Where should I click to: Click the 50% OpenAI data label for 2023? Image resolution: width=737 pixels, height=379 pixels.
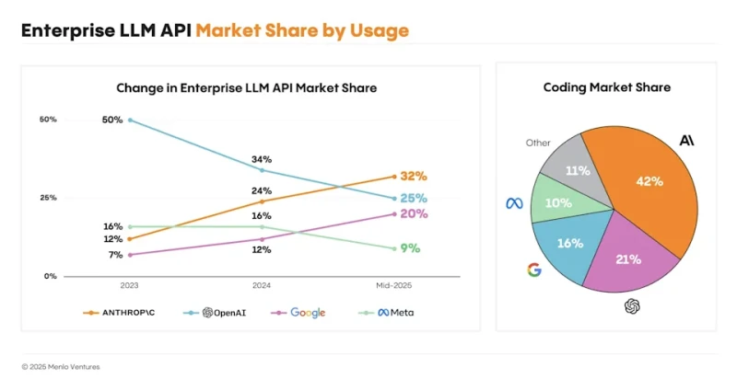(x=112, y=120)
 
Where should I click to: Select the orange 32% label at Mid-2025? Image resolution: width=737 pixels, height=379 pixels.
(x=414, y=176)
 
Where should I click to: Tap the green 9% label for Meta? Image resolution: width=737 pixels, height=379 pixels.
(x=410, y=247)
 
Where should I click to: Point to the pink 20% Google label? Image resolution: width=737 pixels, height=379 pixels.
(x=414, y=213)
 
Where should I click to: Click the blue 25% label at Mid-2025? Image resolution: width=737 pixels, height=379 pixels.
(x=414, y=198)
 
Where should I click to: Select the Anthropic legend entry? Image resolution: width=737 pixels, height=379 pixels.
(x=120, y=313)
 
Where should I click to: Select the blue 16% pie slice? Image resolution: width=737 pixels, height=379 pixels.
(x=570, y=243)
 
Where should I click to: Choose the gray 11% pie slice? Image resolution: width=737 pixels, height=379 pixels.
(x=578, y=170)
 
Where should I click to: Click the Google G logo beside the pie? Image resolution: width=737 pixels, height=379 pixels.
(x=533, y=270)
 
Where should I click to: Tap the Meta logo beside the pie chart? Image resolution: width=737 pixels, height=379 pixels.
(x=514, y=202)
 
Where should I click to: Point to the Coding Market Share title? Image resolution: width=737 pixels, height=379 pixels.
(x=606, y=87)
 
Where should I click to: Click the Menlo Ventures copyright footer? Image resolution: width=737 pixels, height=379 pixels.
(x=61, y=366)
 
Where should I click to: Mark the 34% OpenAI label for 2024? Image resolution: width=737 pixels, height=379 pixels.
(x=262, y=158)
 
